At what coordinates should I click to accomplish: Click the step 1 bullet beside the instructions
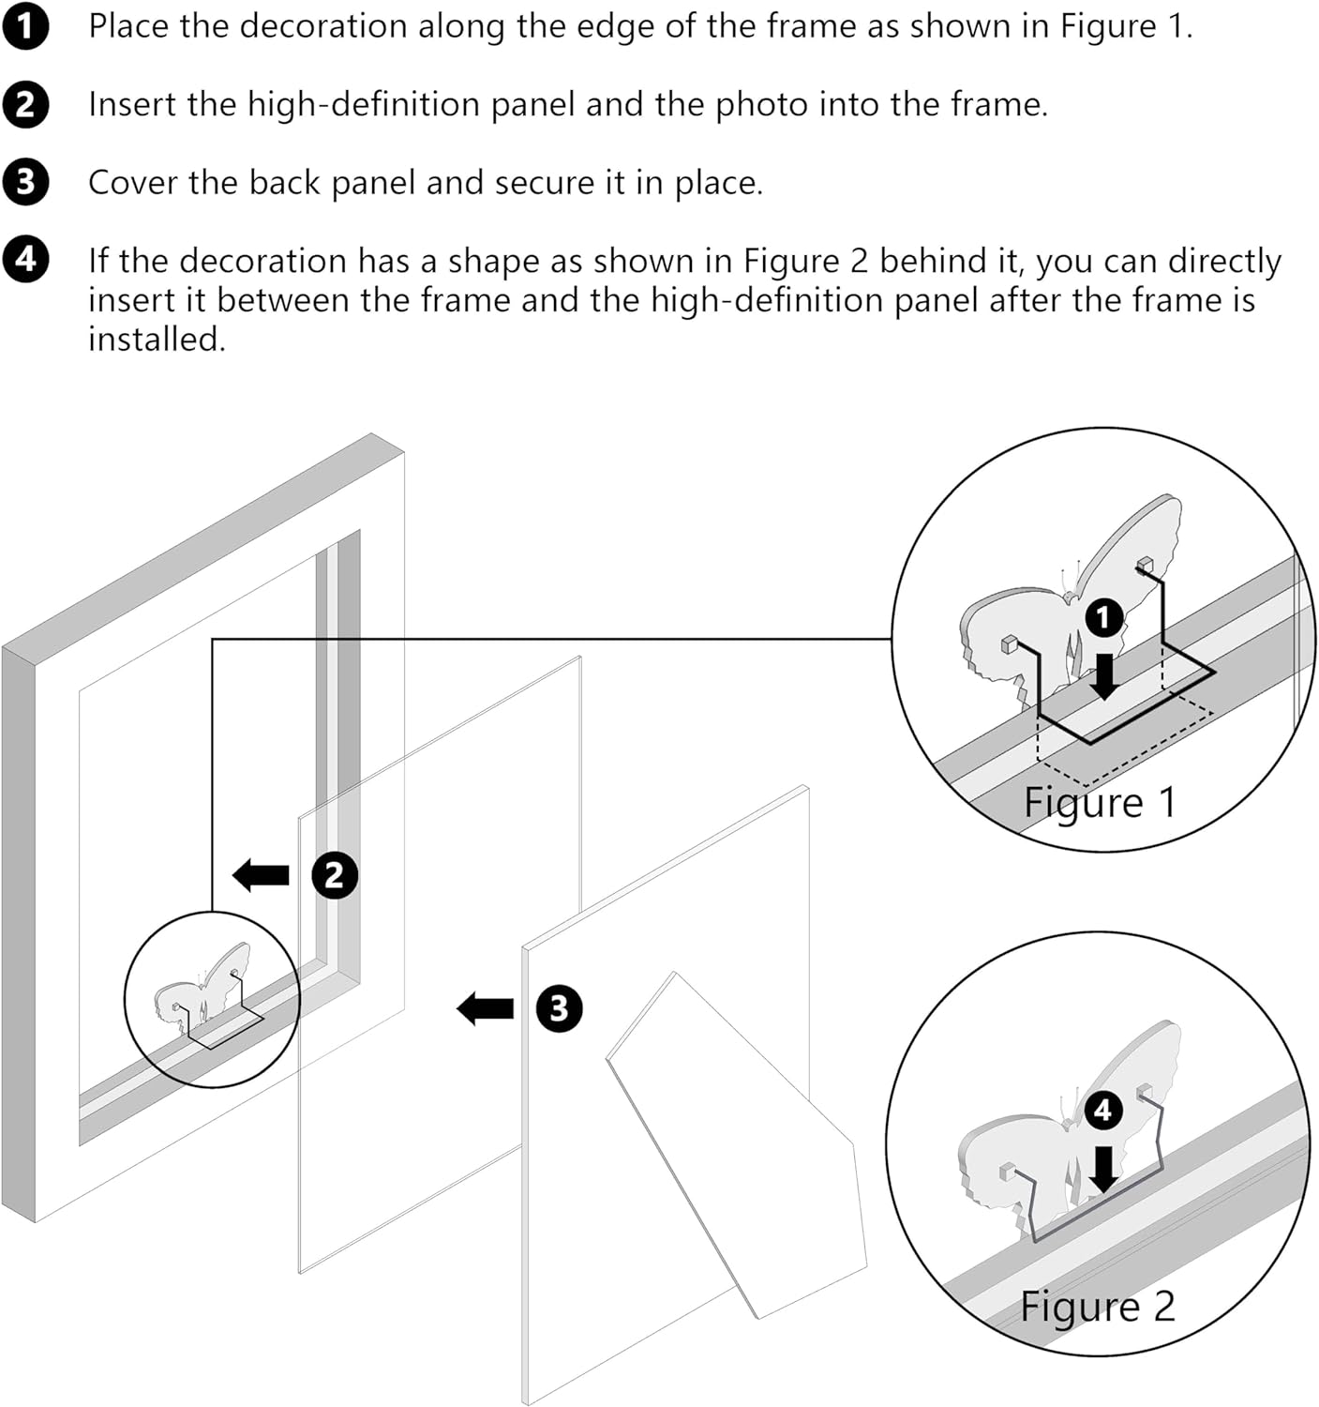point(25,27)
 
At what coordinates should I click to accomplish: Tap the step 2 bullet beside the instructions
point(25,104)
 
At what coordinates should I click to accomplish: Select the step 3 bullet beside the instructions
point(25,182)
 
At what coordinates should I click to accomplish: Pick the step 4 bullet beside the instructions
point(25,260)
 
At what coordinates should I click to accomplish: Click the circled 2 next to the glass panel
point(335,876)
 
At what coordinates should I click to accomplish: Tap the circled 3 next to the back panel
point(559,1008)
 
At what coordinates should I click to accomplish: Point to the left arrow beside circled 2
point(261,876)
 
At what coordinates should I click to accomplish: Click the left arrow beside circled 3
point(486,1009)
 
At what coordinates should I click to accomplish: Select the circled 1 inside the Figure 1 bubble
point(1104,617)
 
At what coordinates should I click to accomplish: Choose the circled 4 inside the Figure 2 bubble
point(1103,1111)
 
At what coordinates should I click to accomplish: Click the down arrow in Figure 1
point(1105,675)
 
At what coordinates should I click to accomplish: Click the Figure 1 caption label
point(1099,803)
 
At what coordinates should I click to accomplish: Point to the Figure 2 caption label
point(1097,1306)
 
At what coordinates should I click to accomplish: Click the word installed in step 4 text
point(157,339)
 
